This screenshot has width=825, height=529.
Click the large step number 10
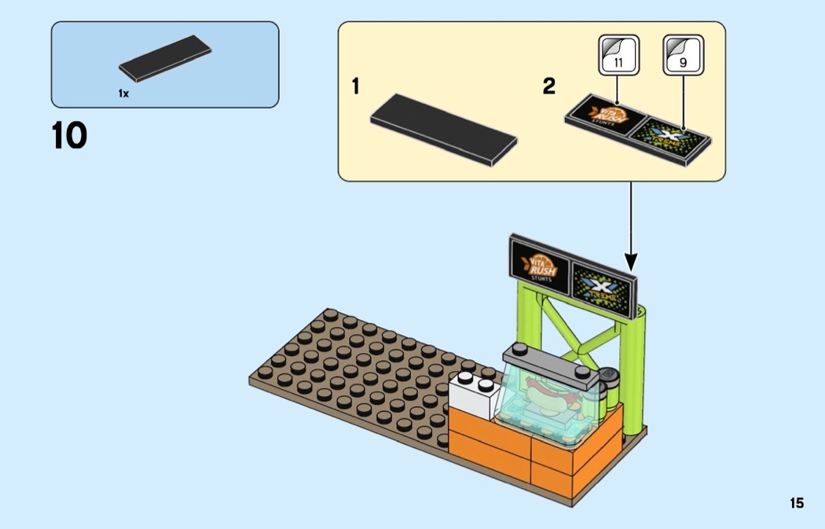pos(69,135)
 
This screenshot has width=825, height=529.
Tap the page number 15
pos(797,503)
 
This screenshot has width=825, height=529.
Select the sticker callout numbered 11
pos(618,56)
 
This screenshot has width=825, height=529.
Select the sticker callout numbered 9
pos(683,56)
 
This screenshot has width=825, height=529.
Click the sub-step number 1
pos(356,86)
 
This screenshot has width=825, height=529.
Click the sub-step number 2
pos(548,86)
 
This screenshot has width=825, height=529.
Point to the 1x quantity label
pos(123,93)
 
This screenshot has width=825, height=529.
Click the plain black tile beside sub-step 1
pos(444,129)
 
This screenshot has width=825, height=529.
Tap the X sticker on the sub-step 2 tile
pos(672,137)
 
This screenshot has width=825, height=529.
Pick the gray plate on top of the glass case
pos(550,361)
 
